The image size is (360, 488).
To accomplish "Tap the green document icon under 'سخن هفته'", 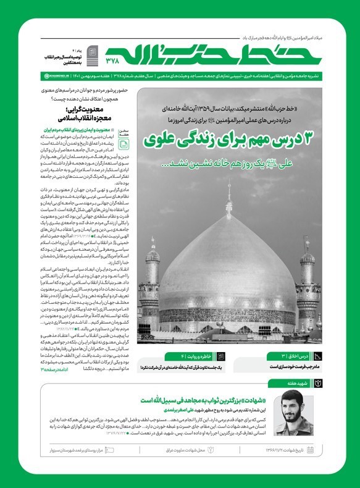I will click(123, 143).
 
